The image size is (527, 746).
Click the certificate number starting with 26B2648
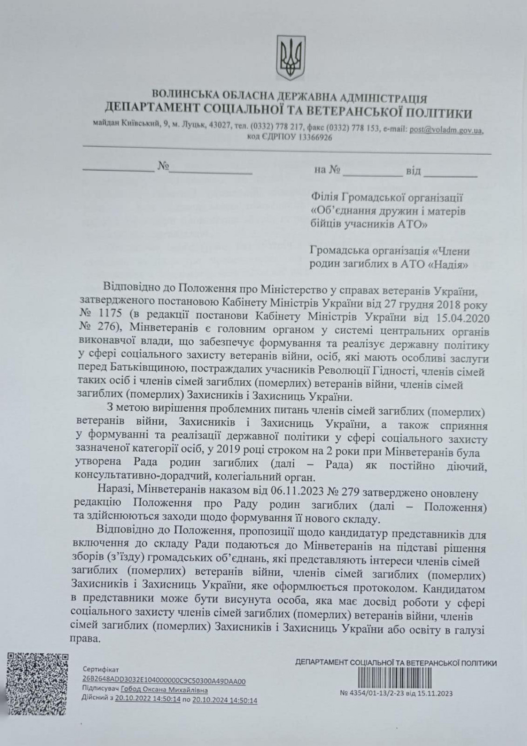coord(164,681)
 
